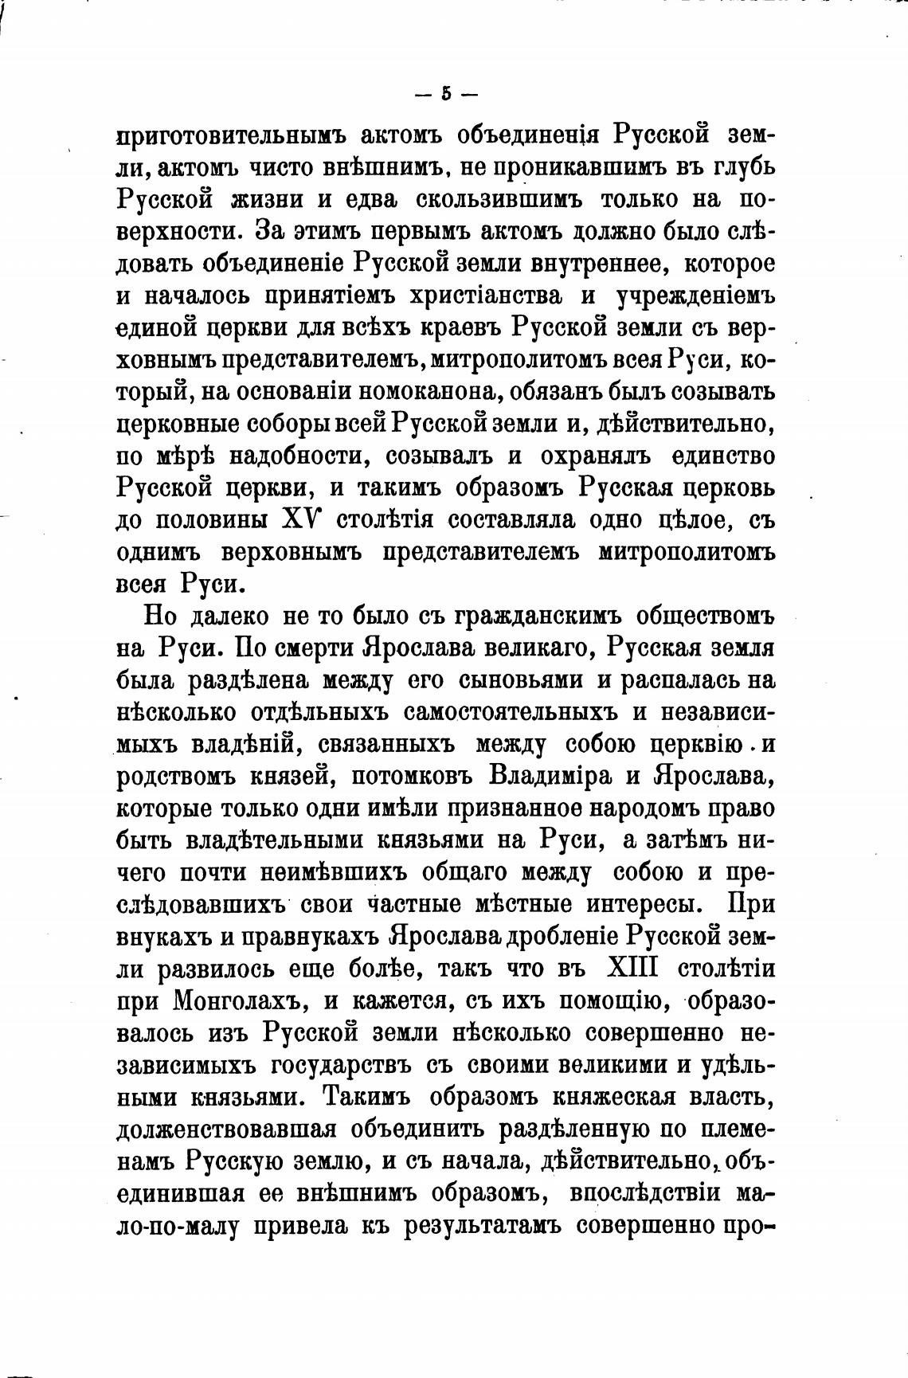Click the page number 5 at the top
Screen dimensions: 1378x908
[446, 94]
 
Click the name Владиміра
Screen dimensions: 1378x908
[555, 776]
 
